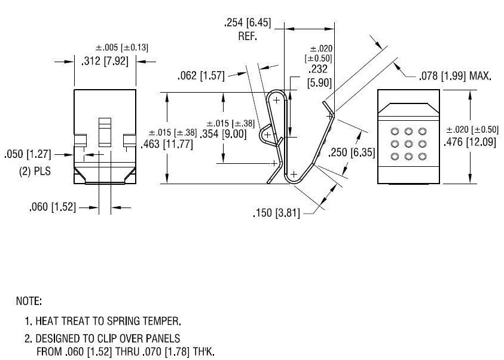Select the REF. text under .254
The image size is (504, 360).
pyautogui.click(x=247, y=36)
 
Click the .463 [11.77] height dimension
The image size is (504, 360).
pyautogui.click(x=166, y=144)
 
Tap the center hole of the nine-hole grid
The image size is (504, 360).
pyautogui.click(x=408, y=144)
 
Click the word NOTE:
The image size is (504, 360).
pyautogui.click(x=29, y=300)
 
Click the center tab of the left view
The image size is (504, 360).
pyautogui.click(x=105, y=132)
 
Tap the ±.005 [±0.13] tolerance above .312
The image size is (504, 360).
pyautogui.click(x=122, y=48)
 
